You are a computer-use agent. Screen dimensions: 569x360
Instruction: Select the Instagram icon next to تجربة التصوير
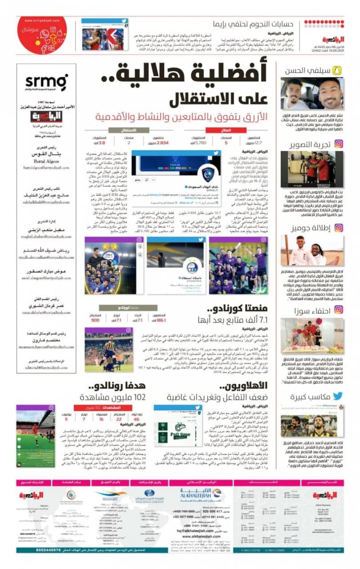338,144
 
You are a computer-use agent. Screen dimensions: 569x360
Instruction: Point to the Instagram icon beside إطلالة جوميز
338,228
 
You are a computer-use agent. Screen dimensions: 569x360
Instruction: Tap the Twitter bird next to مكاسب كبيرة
338,396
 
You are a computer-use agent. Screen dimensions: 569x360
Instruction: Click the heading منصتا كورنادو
238,309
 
